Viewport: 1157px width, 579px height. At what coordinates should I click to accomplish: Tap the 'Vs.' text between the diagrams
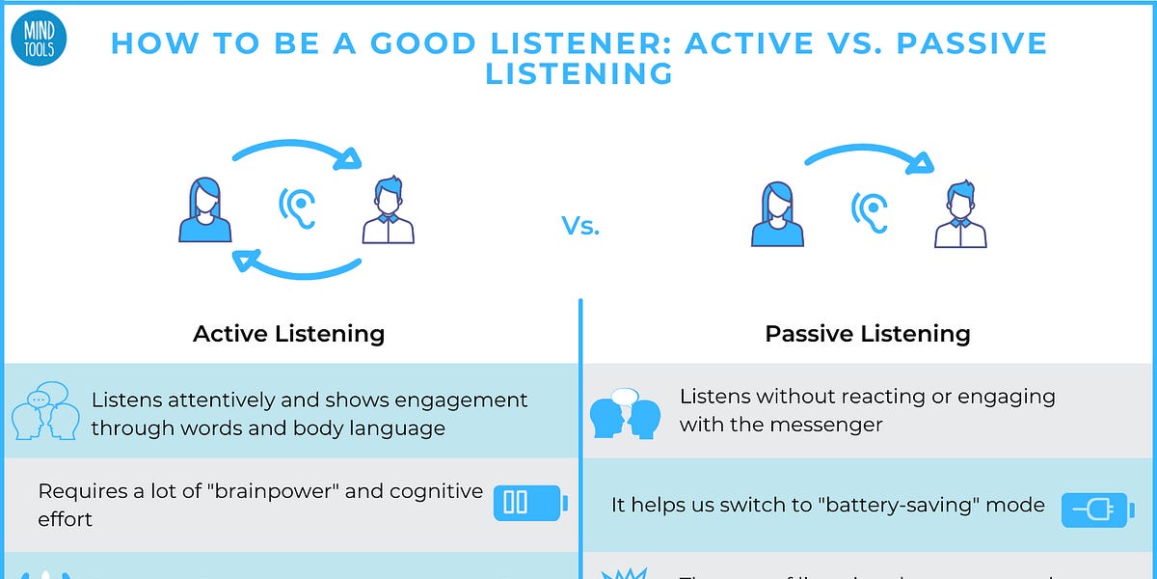coord(580,227)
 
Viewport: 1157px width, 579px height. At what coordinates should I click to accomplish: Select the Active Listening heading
coord(288,334)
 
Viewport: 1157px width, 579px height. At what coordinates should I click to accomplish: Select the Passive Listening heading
coord(867,334)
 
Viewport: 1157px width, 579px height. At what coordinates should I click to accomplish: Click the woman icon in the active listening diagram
coord(205,209)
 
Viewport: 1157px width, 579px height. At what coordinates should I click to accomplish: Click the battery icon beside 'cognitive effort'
coord(529,503)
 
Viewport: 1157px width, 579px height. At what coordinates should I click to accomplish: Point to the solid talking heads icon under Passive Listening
coord(625,413)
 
